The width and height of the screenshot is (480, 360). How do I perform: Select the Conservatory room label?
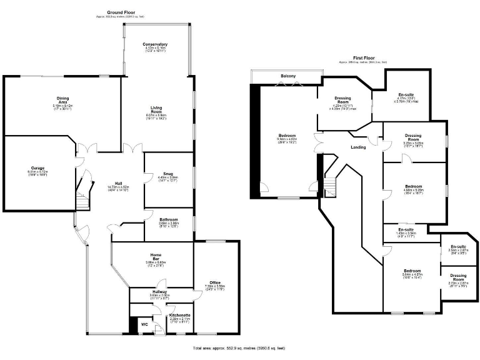(155, 44)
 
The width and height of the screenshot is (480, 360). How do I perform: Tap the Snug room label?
(167, 174)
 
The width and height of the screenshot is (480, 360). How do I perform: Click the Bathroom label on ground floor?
(168, 220)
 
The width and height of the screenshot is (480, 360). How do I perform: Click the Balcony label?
(287, 76)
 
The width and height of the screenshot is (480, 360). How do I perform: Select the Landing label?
(358, 147)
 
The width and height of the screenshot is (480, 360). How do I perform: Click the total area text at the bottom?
(239, 347)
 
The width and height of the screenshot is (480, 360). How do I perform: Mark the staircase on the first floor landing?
(329, 186)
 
